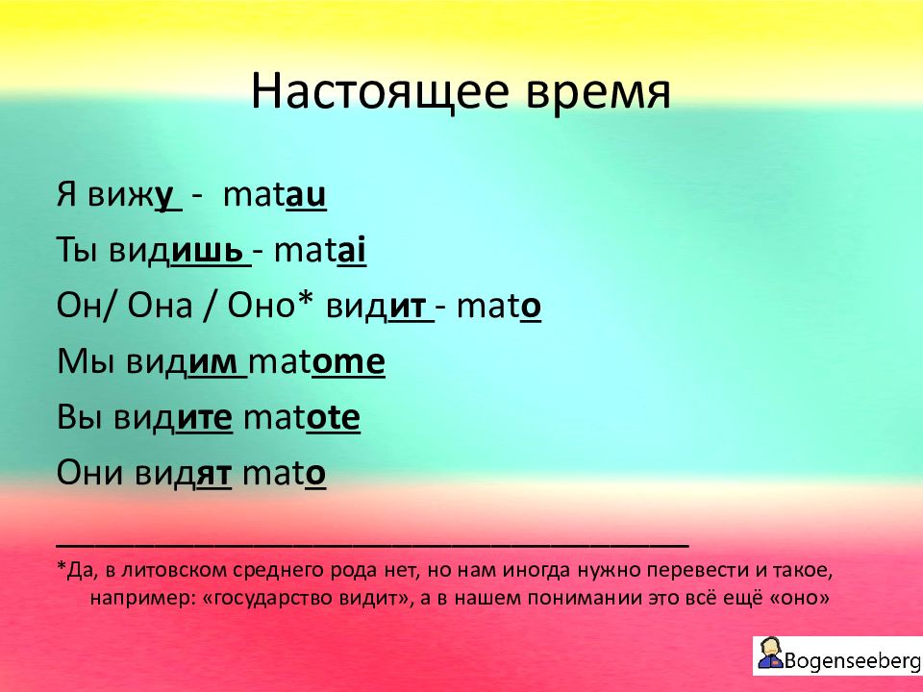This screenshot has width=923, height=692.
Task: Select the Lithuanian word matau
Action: (274, 195)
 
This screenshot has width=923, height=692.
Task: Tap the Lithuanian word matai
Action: (319, 250)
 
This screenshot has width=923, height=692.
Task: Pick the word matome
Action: (316, 361)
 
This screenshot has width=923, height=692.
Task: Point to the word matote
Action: (301, 417)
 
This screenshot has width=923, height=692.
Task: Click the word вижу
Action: (135, 196)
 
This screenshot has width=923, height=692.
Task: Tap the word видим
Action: (187, 362)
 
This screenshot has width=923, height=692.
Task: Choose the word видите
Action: (174, 418)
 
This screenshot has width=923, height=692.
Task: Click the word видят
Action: (184, 474)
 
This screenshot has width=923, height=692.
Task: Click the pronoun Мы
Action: (86, 362)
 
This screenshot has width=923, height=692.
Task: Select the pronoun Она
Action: (160, 306)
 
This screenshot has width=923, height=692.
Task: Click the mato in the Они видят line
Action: (285, 474)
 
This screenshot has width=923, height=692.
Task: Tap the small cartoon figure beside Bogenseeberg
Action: (769, 654)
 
